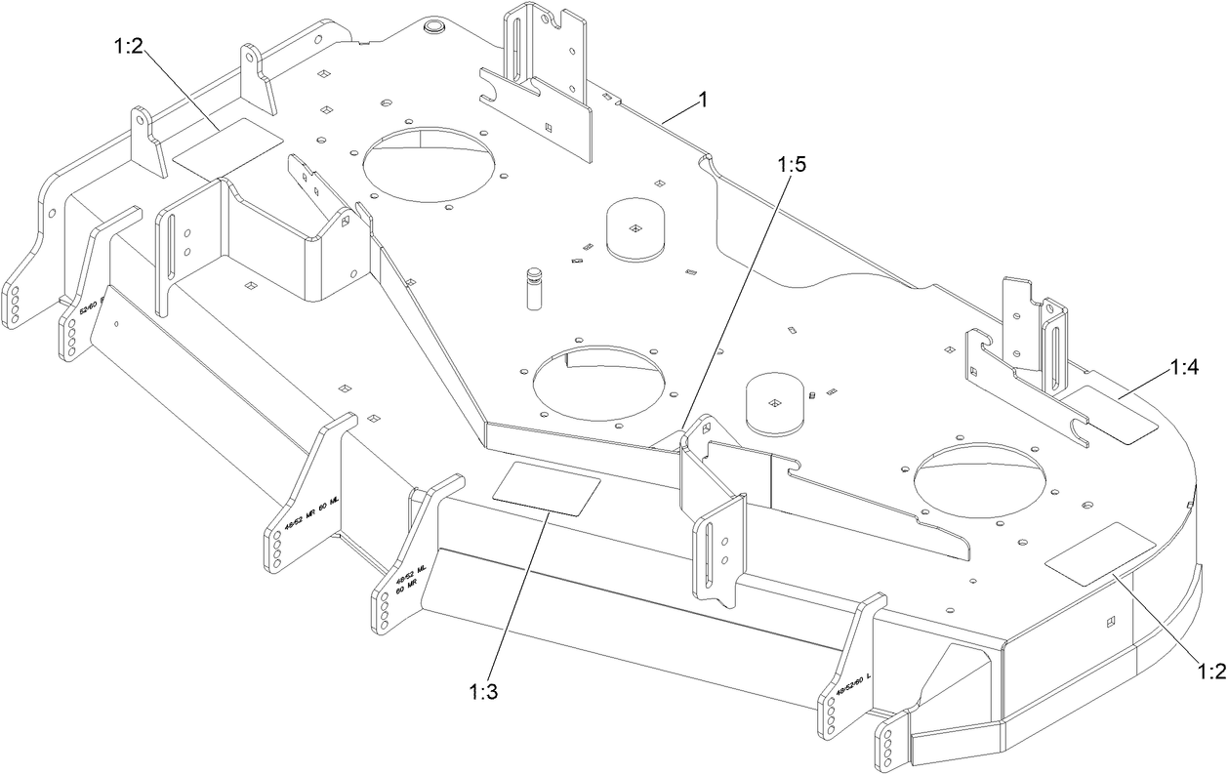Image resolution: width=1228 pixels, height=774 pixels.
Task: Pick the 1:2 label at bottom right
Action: [1209, 672]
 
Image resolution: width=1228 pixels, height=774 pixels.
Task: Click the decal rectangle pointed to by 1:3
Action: [547, 487]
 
